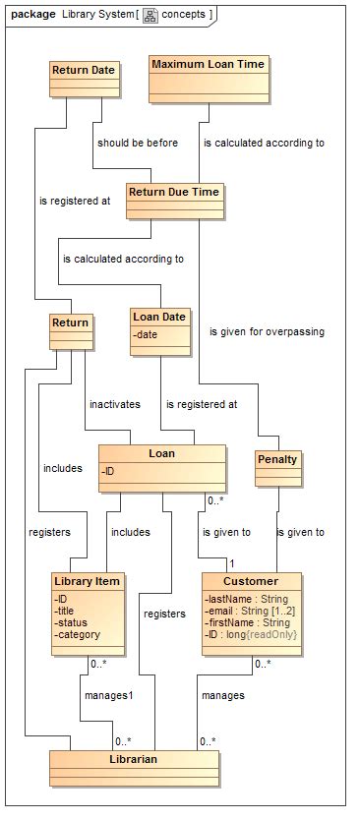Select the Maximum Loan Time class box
208,78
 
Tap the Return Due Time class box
174,200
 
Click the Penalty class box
277,467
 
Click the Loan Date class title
159,317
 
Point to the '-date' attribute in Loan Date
150,335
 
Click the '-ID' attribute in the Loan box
108,472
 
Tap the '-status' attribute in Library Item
73,621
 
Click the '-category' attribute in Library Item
78,634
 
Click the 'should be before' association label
138,143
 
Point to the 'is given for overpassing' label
267,331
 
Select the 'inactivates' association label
115,404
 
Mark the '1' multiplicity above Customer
232,562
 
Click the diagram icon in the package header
150,14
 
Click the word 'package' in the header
32,14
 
